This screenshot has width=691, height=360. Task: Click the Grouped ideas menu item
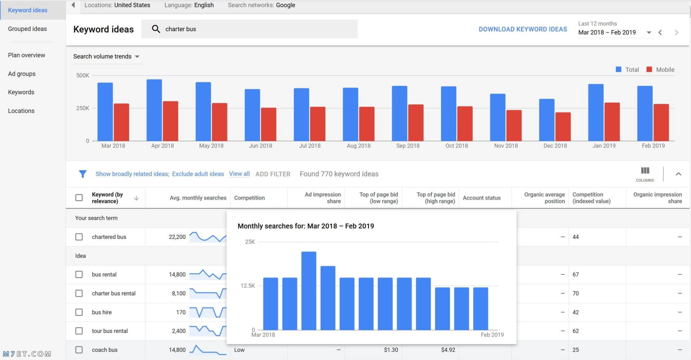(x=27, y=29)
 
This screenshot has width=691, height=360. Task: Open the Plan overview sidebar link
(x=27, y=55)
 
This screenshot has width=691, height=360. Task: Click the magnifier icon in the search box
(x=156, y=29)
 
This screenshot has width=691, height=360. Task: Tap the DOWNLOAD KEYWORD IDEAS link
(x=523, y=29)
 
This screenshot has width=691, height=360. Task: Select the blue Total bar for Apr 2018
(x=154, y=110)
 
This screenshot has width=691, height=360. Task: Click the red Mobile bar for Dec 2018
(x=563, y=127)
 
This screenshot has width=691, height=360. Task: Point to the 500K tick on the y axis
(x=82, y=76)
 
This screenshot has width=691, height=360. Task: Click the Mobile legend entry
(x=660, y=69)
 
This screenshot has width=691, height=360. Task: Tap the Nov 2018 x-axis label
(x=506, y=146)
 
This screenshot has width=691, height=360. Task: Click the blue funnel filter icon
(x=82, y=174)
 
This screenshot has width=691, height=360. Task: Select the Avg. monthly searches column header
(x=198, y=198)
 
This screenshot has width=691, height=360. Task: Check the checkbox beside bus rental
(x=79, y=274)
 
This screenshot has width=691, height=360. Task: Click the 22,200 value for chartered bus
(x=177, y=237)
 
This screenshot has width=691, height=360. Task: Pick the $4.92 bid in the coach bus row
(x=448, y=350)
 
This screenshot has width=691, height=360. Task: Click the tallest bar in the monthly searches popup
(x=309, y=291)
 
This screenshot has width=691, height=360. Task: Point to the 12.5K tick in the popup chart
(x=248, y=286)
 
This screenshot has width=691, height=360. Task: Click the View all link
(x=239, y=174)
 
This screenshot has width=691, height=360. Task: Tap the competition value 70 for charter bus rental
(x=575, y=293)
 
